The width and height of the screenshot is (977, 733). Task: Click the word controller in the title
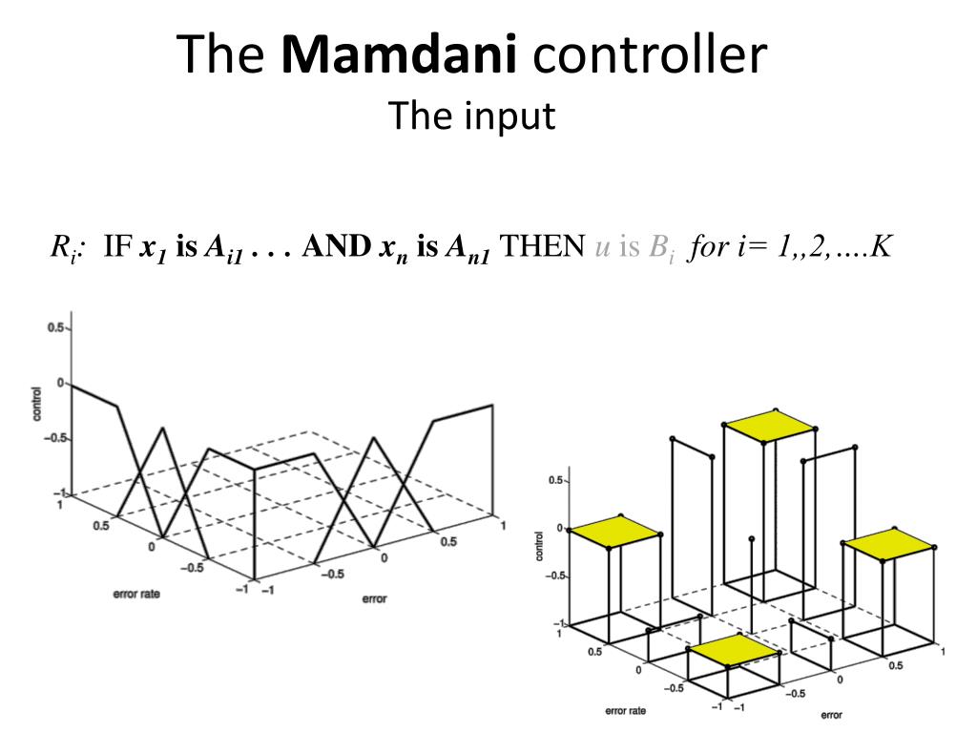point(650,54)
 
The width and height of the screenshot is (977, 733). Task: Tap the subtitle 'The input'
point(471,116)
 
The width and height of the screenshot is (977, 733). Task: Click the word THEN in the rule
point(542,247)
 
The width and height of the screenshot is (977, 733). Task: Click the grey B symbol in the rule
point(659,248)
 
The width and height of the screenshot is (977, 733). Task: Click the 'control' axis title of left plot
point(35,404)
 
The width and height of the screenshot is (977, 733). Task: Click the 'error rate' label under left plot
point(136,595)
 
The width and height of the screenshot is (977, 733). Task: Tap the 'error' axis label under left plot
point(373,599)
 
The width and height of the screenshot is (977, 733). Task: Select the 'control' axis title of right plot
point(540,543)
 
